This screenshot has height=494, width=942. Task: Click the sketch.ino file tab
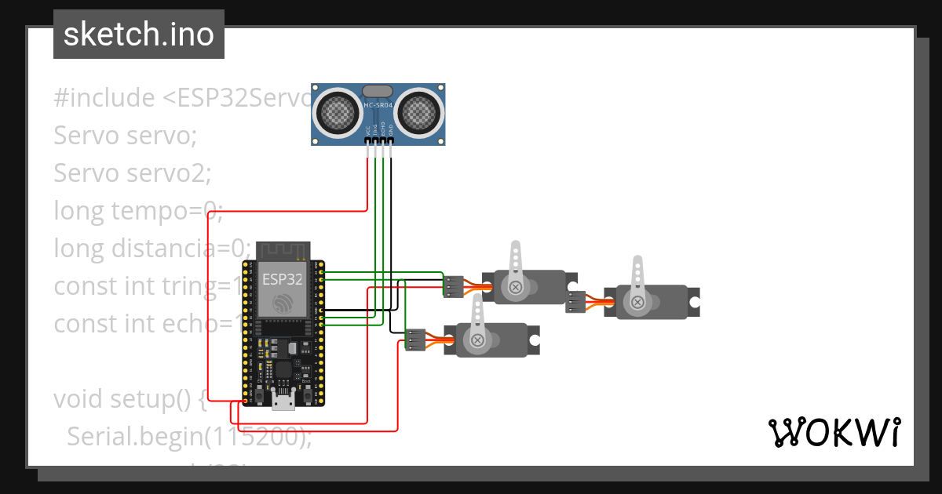point(138,35)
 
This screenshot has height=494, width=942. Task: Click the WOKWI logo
point(833,432)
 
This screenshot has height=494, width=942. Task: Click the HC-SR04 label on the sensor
point(379,104)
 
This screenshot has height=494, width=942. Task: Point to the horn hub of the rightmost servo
point(638,301)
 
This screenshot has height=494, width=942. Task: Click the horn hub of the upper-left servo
point(516,287)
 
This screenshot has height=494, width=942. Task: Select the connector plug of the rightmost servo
point(576,302)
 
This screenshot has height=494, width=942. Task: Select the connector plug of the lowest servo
point(414,340)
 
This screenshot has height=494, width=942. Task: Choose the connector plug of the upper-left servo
point(453,286)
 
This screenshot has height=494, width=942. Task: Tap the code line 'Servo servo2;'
point(132,173)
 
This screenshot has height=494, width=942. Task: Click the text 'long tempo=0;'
point(139,211)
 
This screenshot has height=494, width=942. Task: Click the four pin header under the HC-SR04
point(379,142)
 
